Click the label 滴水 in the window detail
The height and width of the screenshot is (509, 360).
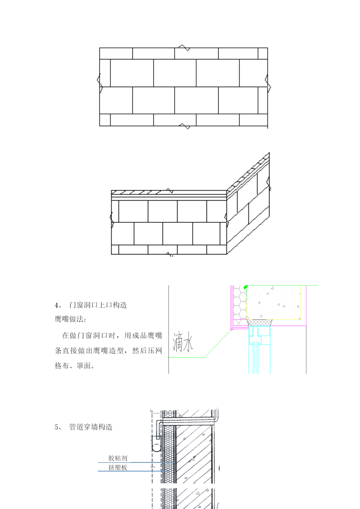point(183,342)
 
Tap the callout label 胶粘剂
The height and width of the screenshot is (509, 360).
point(118,458)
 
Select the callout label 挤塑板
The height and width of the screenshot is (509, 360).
point(118,467)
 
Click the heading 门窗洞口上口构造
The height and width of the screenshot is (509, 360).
point(98,305)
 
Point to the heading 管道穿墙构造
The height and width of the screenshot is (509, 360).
point(91,427)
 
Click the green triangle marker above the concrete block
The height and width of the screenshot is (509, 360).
point(246,287)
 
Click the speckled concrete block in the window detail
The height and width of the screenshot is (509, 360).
point(273,302)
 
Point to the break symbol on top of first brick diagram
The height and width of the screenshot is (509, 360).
point(184,48)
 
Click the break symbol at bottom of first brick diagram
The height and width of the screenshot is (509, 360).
point(184,126)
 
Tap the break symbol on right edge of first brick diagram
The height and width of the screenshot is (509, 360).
point(268,83)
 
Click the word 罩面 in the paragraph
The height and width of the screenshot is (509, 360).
point(84,366)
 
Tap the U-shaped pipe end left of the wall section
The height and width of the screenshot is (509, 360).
point(157,447)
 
